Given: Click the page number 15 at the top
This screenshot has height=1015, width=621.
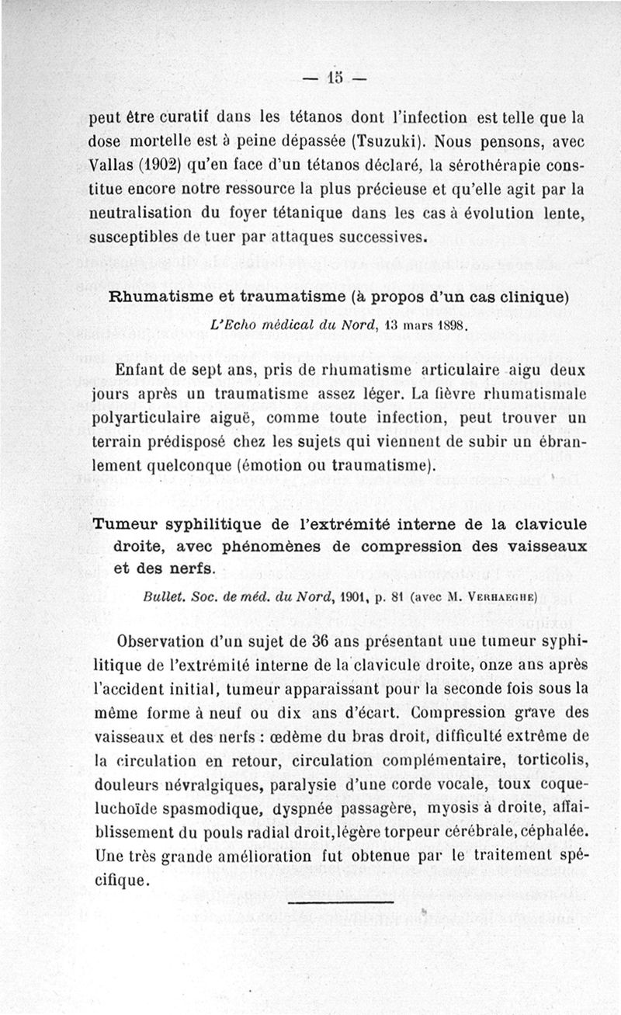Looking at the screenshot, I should pyautogui.click(x=335, y=78).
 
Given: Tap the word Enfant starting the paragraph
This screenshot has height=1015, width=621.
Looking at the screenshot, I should pyautogui.click(x=141, y=371).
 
